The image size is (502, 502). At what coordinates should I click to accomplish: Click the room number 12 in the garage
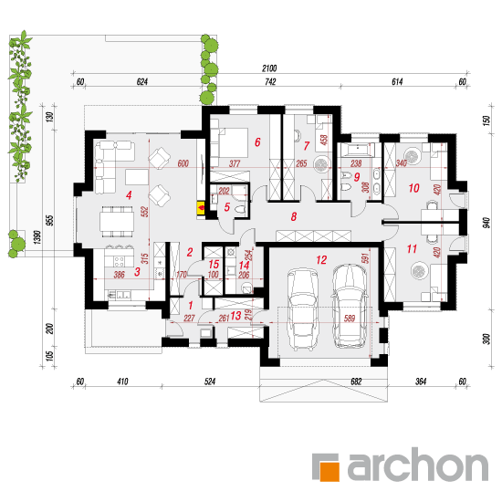(321, 259)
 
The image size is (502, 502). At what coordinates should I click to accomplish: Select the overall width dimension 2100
(269, 68)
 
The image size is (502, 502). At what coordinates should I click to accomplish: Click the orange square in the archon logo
(329, 471)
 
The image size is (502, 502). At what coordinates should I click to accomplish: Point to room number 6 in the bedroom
(257, 141)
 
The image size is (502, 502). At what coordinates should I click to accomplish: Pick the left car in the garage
(302, 308)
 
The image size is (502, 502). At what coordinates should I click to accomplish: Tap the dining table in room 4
(117, 221)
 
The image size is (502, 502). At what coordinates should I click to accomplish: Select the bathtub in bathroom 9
(357, 151)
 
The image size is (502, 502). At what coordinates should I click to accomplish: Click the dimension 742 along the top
(270, 82)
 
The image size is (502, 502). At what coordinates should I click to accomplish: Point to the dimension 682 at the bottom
(356, 382)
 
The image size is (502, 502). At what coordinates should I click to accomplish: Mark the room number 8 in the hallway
(294, 216)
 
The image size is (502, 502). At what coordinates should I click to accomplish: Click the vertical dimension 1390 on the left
(37, 237)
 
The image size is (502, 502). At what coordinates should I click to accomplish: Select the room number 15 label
(214, 265)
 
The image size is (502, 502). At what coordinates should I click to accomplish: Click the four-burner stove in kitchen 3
(119, 261)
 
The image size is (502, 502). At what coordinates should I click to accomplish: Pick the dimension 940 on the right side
(486, 223)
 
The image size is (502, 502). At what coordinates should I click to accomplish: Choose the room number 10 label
(413, 188)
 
